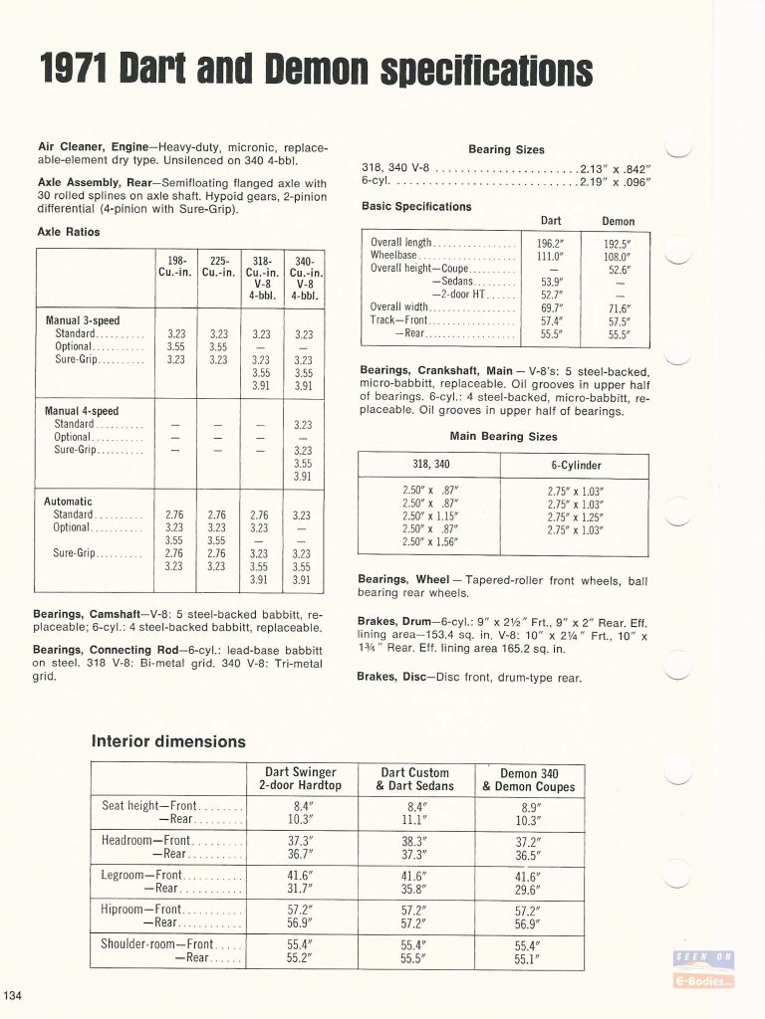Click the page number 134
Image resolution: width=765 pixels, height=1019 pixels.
point(13,998)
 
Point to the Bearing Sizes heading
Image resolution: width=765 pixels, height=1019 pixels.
point(506,149)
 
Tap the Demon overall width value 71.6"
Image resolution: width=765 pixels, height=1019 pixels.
point(619,308)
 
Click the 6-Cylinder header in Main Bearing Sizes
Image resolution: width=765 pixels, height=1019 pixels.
point(576,465)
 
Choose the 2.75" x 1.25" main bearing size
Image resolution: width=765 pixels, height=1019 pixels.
point(576,516)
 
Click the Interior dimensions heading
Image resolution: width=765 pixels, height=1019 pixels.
point(168,741)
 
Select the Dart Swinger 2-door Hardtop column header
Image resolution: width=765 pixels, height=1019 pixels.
point(300,779)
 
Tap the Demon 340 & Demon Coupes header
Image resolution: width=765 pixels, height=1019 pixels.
point(528,779)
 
